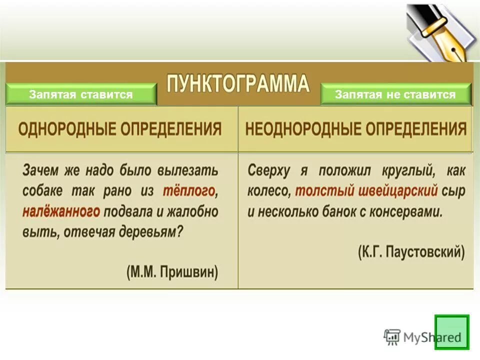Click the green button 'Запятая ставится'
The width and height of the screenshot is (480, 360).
pyautogui.click(x=81, y=95)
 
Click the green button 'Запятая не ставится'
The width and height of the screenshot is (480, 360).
pyautogui.click(x=395, y=95)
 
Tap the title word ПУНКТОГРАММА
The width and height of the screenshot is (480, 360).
pyautogui.click(x=238, y=82)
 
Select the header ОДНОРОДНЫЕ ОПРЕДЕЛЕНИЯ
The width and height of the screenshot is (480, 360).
pyautogui.click(x=120, y=129)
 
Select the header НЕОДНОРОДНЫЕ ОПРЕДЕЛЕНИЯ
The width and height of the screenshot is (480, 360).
pyautogui.click(x=355, y=129)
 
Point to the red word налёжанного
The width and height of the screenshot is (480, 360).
pyautogui.click(x=61, y=211)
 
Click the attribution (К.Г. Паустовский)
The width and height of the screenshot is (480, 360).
pyautogui.click(x=411, y=251)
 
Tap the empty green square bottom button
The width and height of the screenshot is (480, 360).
pyautogui.click(x=451, y=331)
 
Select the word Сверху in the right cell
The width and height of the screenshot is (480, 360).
pyautogui.click(x=268, y=170)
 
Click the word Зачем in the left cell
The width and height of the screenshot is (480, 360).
pyautogui.click(x=40, y=170)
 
